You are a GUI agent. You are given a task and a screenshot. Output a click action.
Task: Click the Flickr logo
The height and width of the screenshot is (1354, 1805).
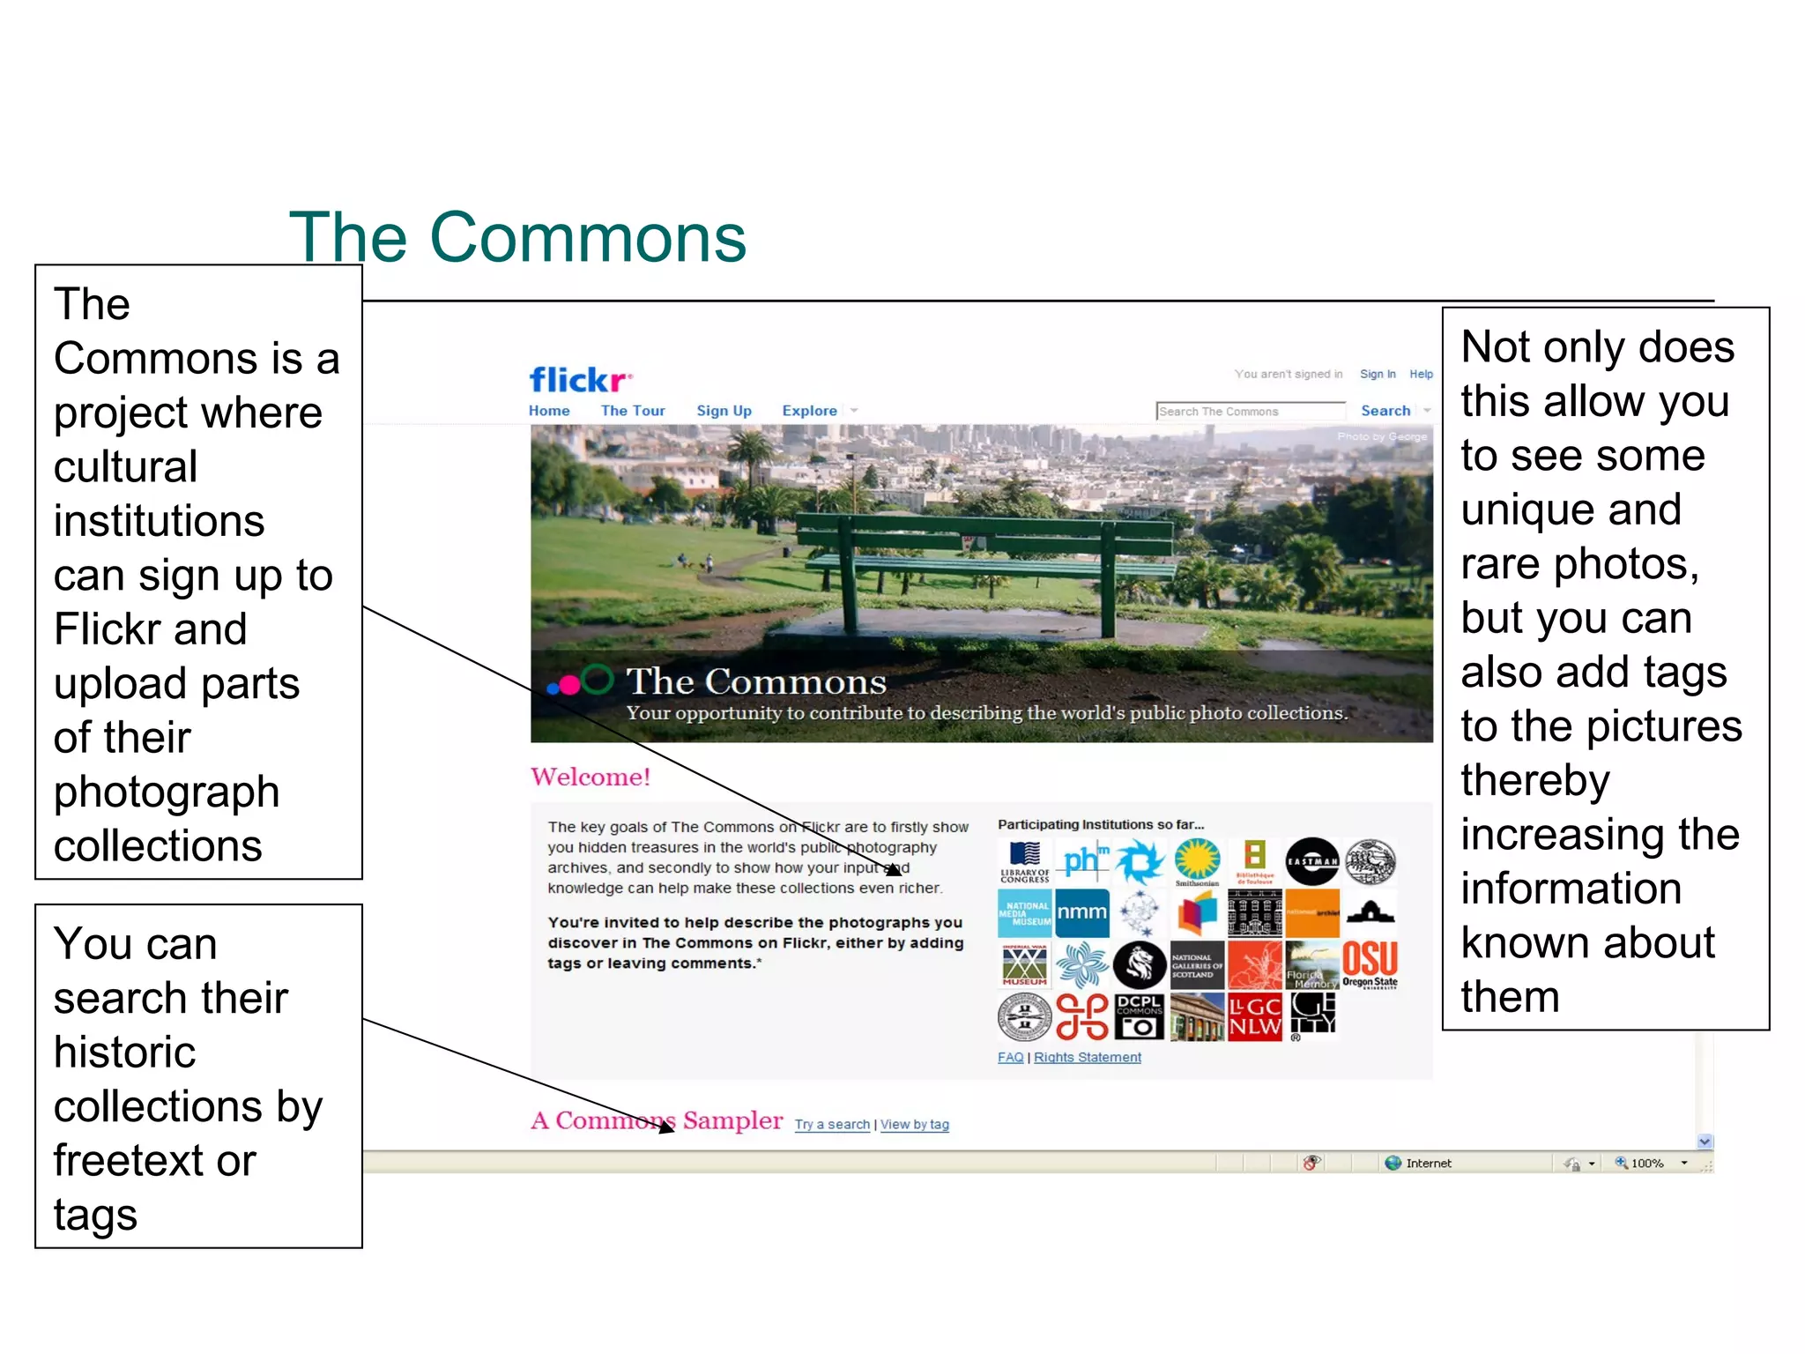click(580, 380)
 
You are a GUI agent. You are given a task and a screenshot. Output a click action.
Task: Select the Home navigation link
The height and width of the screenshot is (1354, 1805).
click(549, 411)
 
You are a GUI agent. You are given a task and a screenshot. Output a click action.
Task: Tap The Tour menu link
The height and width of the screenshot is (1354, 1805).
click(633, 411)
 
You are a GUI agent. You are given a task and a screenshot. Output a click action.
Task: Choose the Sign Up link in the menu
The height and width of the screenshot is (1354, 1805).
click(724, 411)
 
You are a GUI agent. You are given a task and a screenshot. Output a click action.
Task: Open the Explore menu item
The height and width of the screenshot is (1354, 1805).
click(809, 411)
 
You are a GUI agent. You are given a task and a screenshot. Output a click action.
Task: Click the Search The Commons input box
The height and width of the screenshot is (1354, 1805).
click(1250, 412)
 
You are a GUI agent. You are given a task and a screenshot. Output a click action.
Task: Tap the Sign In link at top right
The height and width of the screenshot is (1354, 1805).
click(1378, 374)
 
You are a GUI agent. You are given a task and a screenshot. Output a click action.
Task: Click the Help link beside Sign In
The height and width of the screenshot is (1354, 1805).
click(1421, 374)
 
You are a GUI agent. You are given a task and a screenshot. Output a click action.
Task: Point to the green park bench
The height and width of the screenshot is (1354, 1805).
click(987, 564)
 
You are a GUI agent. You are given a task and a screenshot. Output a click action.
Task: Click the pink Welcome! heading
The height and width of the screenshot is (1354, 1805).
click(591, 777)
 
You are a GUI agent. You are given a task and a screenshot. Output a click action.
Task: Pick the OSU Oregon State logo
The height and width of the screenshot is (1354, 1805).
click(1370, 963)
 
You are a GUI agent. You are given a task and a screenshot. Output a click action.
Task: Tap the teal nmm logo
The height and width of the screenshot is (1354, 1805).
click(1081, 912)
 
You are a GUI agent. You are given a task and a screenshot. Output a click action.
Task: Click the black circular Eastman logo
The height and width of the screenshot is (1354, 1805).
click(1312, 861)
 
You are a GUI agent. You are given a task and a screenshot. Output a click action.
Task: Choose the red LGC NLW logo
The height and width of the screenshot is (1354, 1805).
click(1254, 1016)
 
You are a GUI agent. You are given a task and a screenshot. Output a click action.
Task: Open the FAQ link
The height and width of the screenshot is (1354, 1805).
click(1010, 1057)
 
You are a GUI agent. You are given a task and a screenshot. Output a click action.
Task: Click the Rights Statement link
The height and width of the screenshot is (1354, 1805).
click(1087, 1057)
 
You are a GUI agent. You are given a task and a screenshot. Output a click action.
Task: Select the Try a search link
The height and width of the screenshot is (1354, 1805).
click(832, 1124)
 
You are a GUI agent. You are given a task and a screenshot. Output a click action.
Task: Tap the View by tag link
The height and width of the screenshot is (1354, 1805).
click(915, 1124)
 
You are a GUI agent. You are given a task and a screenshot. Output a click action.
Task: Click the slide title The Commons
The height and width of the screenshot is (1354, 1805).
click(517, 237)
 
